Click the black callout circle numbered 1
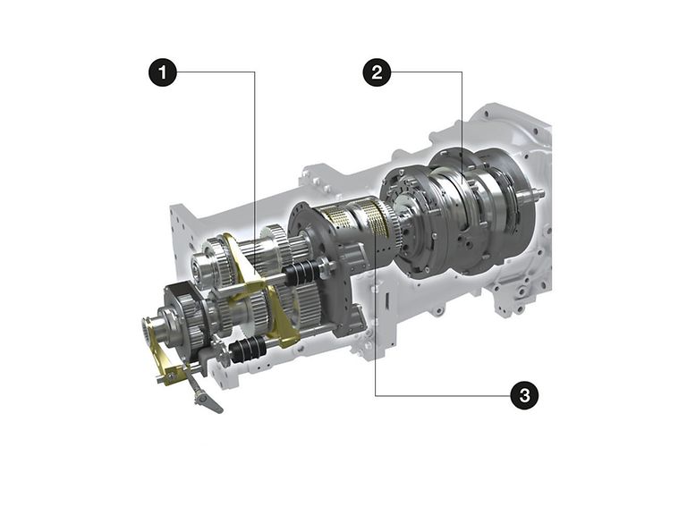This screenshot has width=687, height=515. [163, 72]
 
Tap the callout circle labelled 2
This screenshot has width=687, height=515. [377, 72]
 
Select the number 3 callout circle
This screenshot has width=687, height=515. [524, 395]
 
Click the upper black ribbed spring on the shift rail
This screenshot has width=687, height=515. [301, 271]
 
